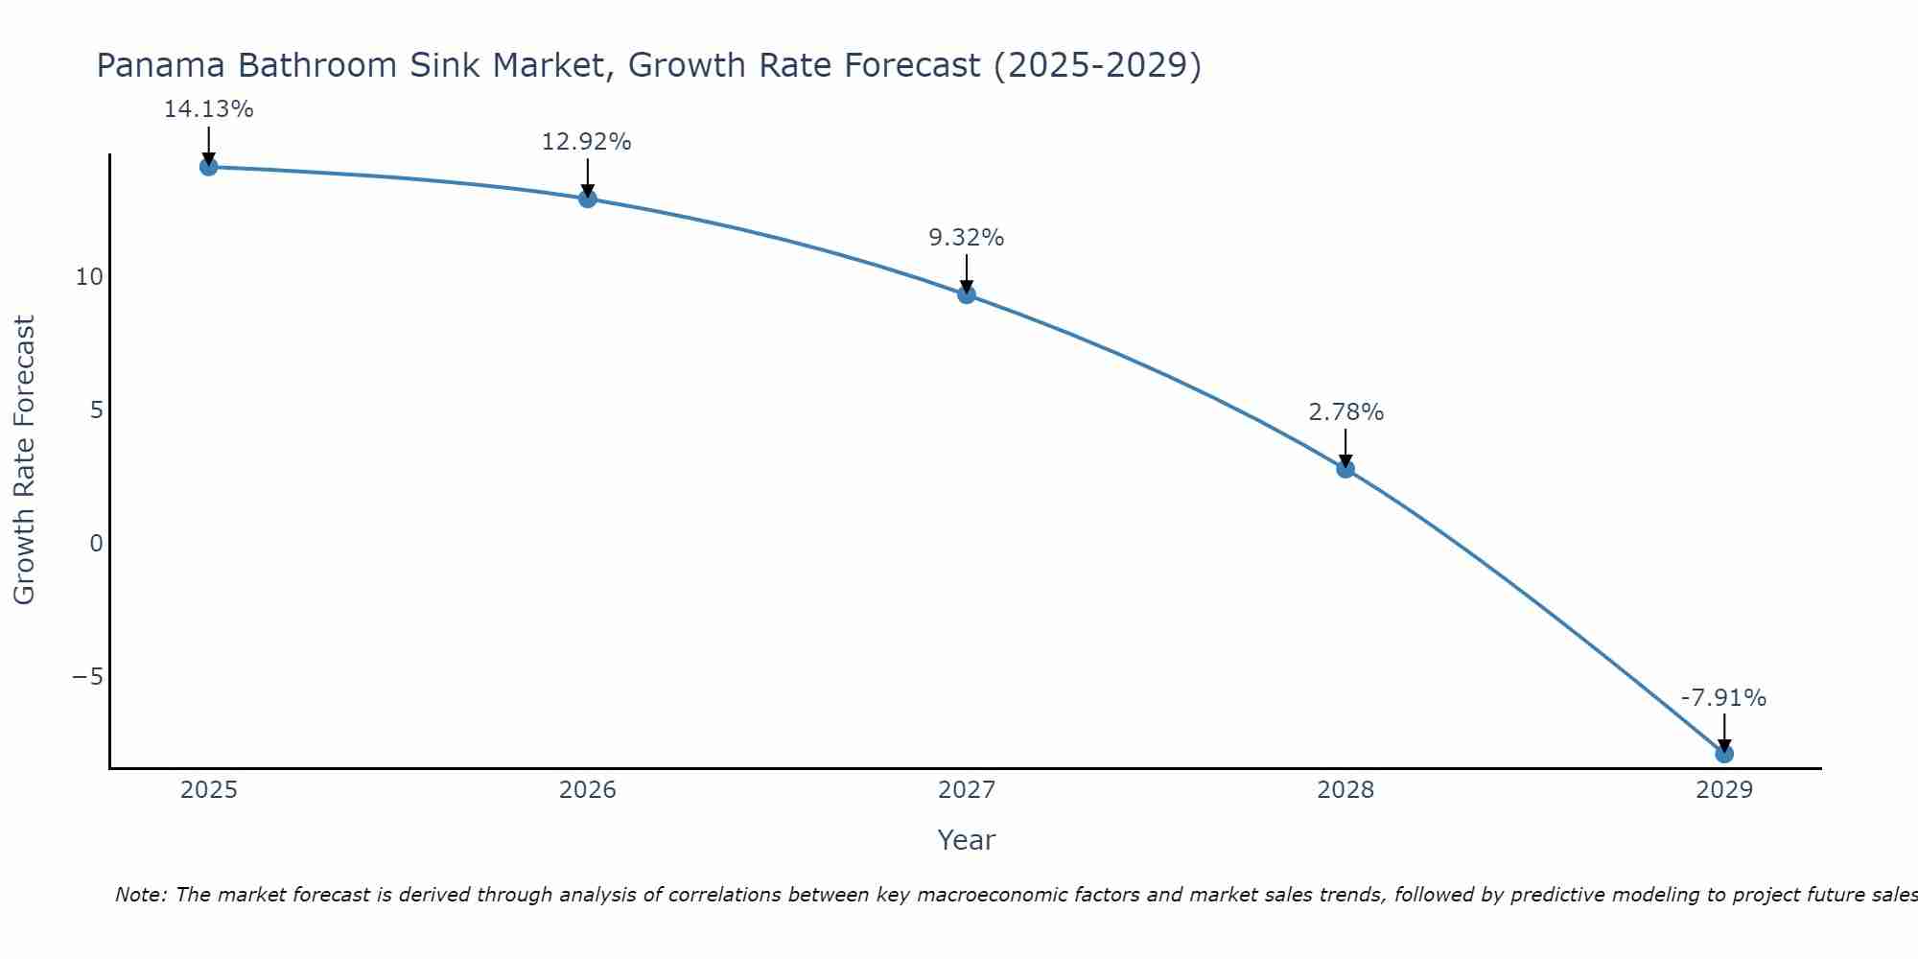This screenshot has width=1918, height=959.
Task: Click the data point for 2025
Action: (208, 167)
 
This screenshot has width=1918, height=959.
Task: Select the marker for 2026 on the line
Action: (588, 199)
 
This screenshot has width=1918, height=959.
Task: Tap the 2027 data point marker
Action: (967, 294)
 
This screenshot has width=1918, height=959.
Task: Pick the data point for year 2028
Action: (1345, 469)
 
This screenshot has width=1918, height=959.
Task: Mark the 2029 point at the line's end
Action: (1724, 754)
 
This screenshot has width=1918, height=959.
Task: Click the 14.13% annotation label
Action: (208, 109)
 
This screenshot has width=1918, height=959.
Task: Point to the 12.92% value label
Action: (587, 142)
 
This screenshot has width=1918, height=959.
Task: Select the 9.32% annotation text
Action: (967, 238)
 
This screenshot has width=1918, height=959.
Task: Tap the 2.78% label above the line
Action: (1345, 412)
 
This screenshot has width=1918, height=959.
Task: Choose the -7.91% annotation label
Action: (1723, 698)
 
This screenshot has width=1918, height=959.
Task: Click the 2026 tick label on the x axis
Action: (588, 790)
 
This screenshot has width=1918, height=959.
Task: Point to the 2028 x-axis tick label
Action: (1345, 790)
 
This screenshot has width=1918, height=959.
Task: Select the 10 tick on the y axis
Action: (89, 277)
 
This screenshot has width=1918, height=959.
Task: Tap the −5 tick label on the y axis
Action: (87, 677)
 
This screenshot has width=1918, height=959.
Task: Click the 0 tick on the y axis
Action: (96, 544)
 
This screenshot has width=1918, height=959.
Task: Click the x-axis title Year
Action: (967, 840)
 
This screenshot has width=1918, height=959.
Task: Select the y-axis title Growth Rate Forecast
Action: (24, 460)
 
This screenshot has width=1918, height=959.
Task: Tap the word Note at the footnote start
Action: (140, 895)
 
